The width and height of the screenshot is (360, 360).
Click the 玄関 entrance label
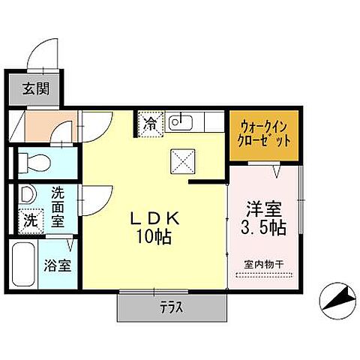click(34, 89)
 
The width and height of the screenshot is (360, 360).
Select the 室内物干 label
click(263, 263)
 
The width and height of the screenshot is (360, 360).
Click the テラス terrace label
click(171, 307)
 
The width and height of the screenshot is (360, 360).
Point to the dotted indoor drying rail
click(264, 275)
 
